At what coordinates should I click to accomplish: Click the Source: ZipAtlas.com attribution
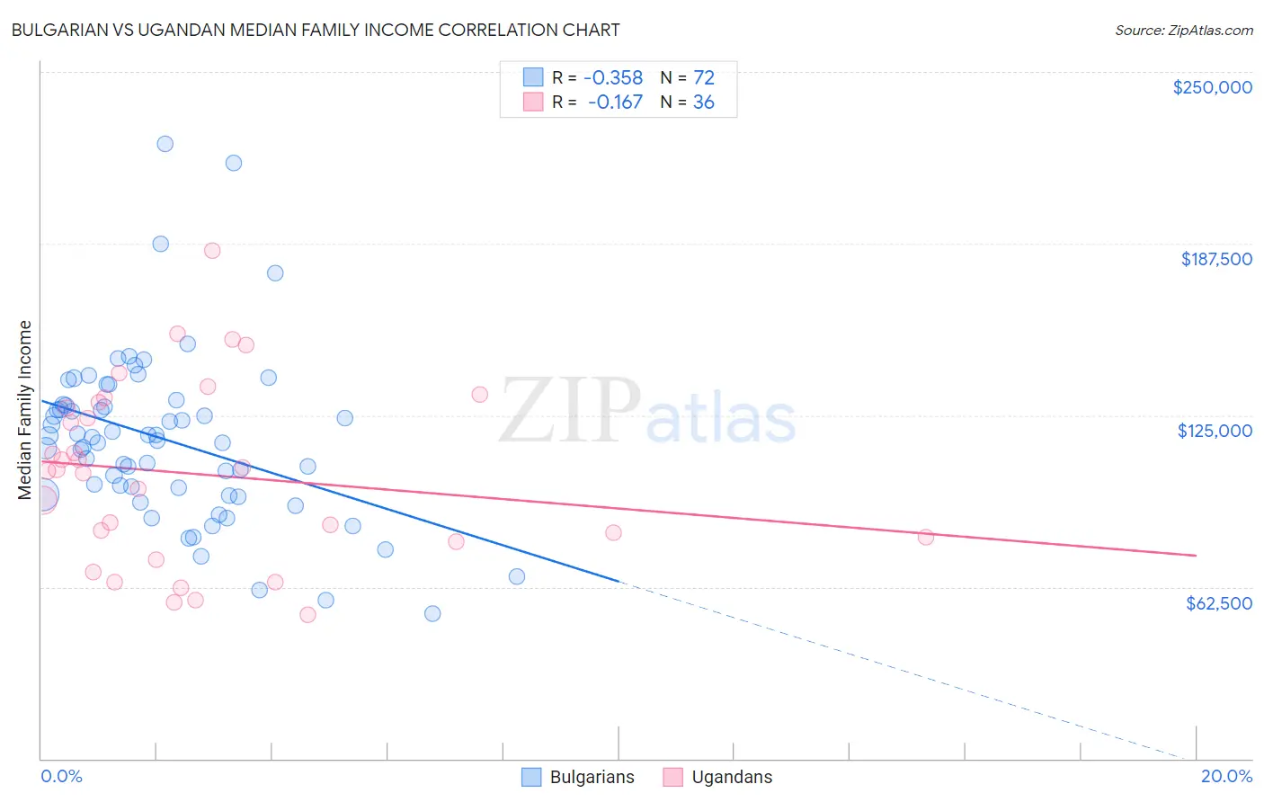point(1183,31)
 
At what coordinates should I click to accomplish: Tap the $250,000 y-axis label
point(1212,87)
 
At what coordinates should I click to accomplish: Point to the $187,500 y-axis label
point(1215,259)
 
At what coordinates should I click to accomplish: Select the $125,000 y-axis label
point(1215,431)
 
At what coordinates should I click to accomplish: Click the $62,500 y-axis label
point(1218,603)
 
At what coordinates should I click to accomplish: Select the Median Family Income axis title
point(25,410)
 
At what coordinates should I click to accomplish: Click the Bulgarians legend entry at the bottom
point(578,778)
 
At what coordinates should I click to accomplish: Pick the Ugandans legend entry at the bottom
point(717,778)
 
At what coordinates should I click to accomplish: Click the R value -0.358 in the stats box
point(614,78)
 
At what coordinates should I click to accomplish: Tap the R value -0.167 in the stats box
point(615,102)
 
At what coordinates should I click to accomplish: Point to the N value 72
point(703,78)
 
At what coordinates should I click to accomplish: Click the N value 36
point(703,102)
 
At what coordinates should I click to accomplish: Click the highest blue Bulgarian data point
point(165,144)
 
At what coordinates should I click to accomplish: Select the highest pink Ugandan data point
point(212,251)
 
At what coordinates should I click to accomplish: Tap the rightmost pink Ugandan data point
point(926,538)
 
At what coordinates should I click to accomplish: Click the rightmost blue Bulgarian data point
point(517,577)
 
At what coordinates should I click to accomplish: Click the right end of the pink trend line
point(1197,556)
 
